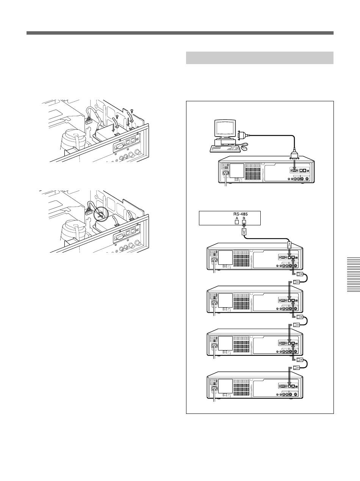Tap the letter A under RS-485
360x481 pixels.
click(x=236, y=218)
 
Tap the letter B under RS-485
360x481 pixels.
click(x=244, y=218)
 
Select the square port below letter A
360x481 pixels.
click(x=236, y=222)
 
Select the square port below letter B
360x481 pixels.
click(x=244, y=222)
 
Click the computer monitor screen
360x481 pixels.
click(x=225, y=129)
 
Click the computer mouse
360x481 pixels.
click(x=244, y=148)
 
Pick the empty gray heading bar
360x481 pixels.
click(x=260, y=58)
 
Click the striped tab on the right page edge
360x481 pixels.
click(x=353, y=275)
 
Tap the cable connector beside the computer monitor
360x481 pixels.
click(x=240, y=135)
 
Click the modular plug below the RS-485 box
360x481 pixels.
click(x=244, y=231)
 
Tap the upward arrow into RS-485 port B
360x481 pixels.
click(x=244, y=226)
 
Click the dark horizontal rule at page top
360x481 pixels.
click(x=180, y=33)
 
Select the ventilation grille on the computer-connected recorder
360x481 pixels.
click(x=253, y=171)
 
